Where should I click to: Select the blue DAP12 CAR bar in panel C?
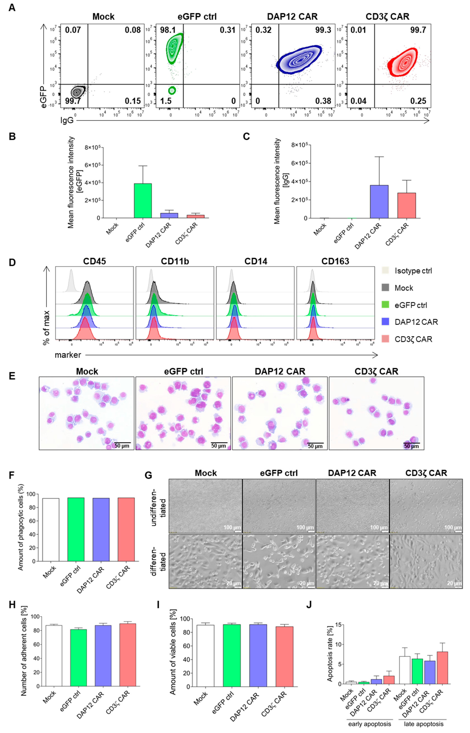(379, 202)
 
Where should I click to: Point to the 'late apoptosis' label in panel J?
(424, 724)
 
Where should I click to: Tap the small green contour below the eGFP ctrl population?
(172, 90)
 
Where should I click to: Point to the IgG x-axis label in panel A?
(67, 120)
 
